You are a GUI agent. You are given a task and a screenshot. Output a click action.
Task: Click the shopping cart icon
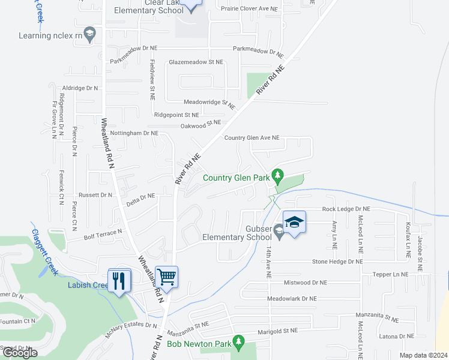point(166,277)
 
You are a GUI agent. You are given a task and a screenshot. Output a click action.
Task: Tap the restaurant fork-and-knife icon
point(119,280)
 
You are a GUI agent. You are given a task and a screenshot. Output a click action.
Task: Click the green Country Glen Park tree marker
point(277,176)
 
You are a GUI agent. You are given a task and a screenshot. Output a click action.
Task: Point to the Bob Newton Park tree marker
point(240,343)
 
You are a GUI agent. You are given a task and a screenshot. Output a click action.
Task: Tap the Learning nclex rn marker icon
point(90,34)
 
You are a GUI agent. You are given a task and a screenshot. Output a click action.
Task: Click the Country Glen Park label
point(235,178)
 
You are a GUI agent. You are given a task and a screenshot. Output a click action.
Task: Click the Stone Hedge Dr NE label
point(337,262)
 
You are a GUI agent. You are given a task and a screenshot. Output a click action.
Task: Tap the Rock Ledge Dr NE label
point(346,209)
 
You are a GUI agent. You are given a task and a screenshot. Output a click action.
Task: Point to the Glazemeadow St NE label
point(196,62)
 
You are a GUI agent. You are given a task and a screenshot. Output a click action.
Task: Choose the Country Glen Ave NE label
point(252,137)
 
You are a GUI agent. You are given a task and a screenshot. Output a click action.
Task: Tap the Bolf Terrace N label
point(103,230)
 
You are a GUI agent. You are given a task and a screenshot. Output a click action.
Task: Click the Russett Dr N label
point(96,195)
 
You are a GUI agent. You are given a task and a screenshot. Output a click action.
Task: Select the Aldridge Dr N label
point(80,88)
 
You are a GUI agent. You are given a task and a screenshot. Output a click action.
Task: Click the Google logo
point(20,353)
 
